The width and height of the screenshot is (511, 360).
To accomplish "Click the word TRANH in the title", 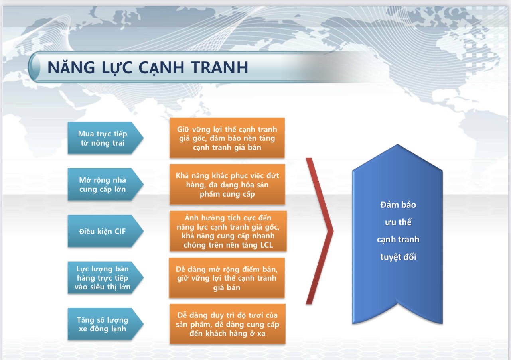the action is pos(219,67).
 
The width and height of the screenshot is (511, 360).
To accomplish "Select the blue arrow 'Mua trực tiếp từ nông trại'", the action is pos(105,138).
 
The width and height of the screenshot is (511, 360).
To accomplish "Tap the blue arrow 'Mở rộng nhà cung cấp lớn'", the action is pos(105,184).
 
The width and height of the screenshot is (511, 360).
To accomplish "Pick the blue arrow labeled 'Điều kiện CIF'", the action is pos(105,231).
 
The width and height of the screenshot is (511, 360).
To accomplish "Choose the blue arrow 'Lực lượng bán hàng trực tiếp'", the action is pos(105,277).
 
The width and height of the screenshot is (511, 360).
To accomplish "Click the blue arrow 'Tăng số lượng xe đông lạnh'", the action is pos(105,324).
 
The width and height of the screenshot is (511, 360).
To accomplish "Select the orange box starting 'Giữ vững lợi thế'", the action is pos(227,138).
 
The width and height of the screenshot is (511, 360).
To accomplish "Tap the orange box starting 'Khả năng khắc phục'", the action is pos(227,184).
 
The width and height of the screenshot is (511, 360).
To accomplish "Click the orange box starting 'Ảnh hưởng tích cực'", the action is pos(228,231).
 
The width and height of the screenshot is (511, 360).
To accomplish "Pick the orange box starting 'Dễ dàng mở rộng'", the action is pos(227,278).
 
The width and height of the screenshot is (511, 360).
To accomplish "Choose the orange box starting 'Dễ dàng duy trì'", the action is pos(227,324).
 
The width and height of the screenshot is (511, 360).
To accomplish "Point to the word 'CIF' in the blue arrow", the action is pos(120,231).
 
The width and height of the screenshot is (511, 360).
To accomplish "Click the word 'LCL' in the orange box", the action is pos(266,245).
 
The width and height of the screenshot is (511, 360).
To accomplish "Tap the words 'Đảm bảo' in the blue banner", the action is pos(398,205).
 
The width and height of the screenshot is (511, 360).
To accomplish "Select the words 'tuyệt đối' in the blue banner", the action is pos(398,257).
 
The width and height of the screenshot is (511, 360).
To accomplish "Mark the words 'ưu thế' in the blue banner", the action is pos(398,222).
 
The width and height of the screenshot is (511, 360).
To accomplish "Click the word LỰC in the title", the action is pos(117,67).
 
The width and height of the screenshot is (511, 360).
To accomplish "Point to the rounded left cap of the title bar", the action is pos(34,67).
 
